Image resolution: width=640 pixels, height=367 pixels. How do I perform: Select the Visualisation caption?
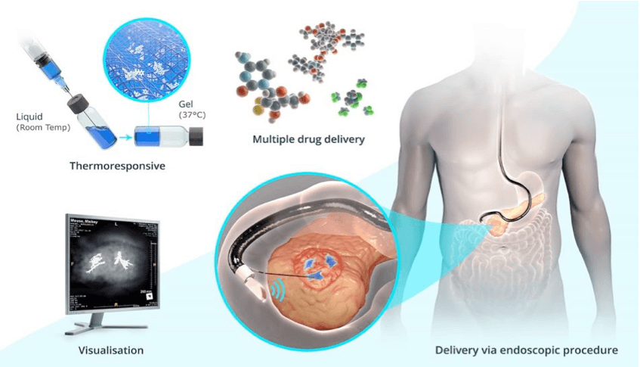[111, 351]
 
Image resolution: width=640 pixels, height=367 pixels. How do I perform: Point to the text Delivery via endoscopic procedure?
[527, 350]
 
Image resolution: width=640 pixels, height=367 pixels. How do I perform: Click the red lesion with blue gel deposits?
[322, 266]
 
